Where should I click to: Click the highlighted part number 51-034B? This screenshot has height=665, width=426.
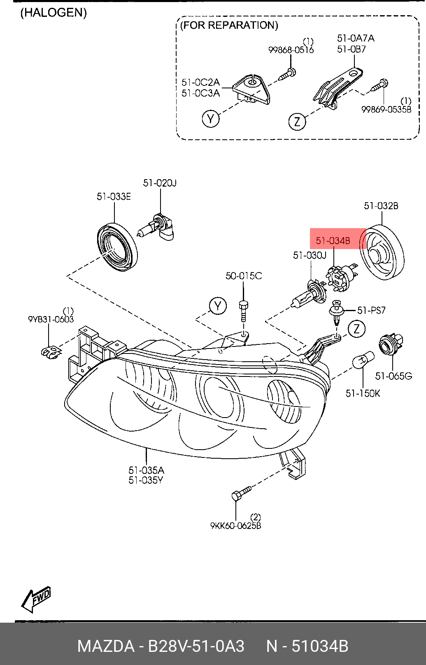tap(333, 240)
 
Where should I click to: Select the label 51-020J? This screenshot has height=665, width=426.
tap(160, 183)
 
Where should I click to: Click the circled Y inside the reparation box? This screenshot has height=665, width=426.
tap(211, 119)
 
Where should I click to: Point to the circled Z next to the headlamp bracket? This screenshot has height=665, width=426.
tap(356, 328)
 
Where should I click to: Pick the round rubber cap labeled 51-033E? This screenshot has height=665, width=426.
tap(117, 246)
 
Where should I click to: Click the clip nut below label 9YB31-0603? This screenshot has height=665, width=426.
tap(50, 351)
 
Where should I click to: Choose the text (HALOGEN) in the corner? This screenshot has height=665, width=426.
tap(54, 13)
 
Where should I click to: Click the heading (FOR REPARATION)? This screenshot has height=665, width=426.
tap(229, 25)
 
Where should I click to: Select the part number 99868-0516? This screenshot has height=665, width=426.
tap(291, 50)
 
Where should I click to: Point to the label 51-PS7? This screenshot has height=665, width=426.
tap(371, 310)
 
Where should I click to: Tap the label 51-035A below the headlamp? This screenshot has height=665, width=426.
tap(146, 470)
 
